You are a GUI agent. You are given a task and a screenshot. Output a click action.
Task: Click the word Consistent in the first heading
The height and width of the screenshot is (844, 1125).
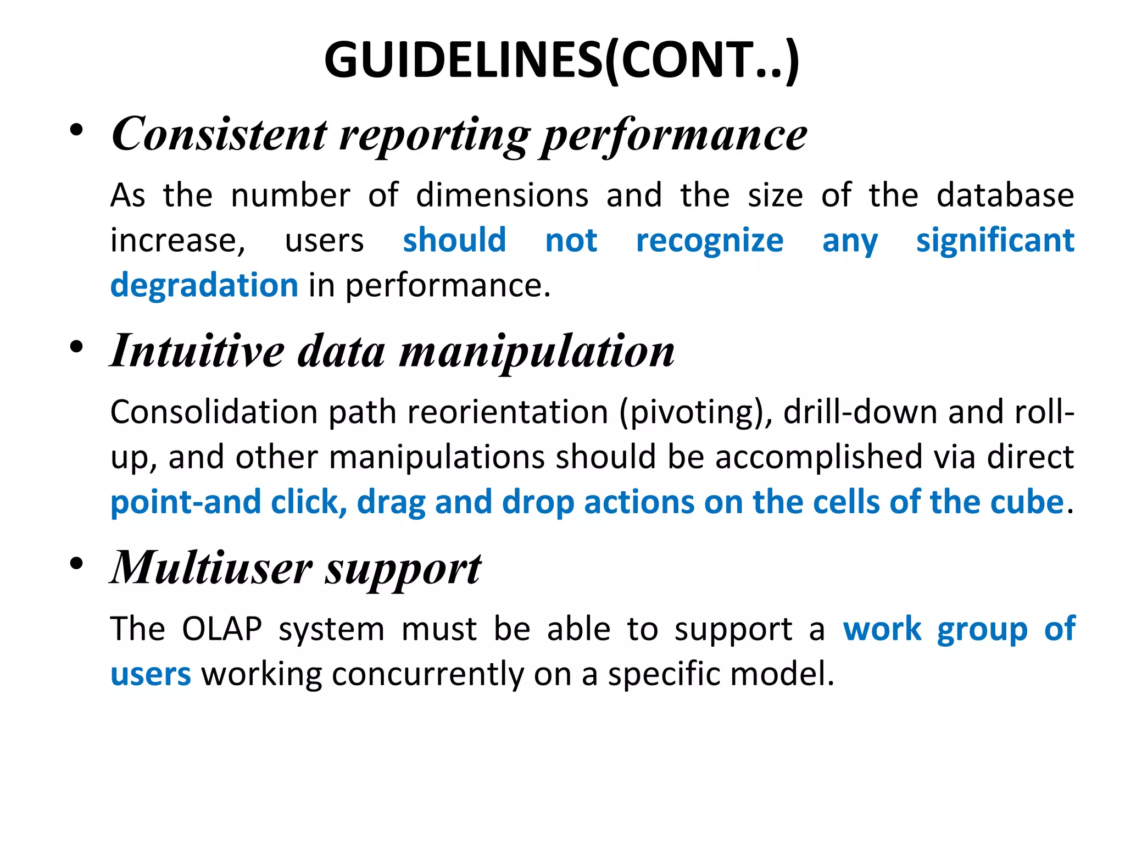tap(219, 135)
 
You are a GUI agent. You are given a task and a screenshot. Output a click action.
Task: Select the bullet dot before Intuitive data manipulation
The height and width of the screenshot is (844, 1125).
tap(77, 347)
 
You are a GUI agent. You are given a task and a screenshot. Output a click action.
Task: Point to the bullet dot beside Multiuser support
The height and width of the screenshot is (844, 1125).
tap(77, 564)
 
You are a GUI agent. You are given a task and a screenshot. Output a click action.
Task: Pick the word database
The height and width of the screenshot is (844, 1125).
tap(1005, 195)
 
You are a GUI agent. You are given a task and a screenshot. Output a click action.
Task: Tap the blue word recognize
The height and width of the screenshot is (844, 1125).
tap(709, 241)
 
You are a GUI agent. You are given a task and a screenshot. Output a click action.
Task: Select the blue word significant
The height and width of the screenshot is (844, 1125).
tap(995, 241)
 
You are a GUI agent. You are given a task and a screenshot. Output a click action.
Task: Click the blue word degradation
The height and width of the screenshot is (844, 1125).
tap(204, 286)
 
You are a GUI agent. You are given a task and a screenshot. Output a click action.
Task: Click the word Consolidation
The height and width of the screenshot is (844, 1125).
tap(214, 412)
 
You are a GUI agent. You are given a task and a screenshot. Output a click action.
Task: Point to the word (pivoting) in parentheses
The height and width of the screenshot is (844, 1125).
tap(695, 413)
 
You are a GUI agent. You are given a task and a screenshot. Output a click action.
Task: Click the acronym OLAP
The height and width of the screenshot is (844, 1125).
tap(222, 629)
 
